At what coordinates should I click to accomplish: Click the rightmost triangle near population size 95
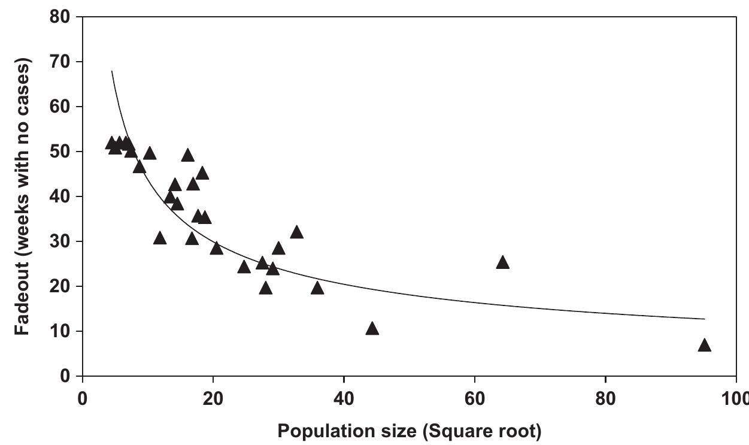(x=704, y=346)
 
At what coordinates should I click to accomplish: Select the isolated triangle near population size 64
(x=502, y=263)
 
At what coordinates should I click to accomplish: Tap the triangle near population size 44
(x=372, y=329)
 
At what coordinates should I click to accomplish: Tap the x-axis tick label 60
(x=475, y=399)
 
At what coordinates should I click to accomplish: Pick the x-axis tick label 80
(x=605, y=399)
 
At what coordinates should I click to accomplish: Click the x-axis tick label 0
(x=83, y=399)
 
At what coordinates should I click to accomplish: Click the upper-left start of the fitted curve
(x=112, y=71)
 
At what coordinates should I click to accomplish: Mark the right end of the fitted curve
(x=704, y=319)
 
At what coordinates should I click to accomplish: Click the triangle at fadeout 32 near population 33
(x=296, y=233)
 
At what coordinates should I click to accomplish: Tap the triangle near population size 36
(x=317, y=289)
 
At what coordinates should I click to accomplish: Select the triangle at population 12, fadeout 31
(x=159, y=239)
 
